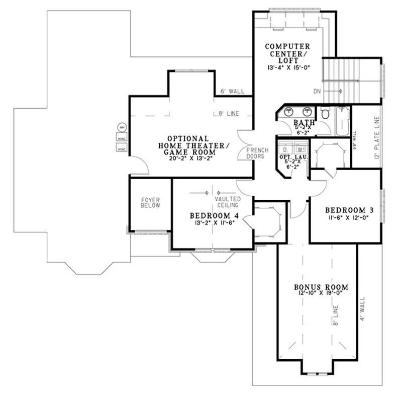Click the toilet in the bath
(x=325, y=114)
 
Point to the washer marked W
(x=299, y=149)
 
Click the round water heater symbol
(x=121, y=127)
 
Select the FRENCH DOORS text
(x=257, y=153)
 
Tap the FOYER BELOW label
(x=150, y=202)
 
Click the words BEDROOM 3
(x=345, y=210)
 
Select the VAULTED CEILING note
(x=226, y=202)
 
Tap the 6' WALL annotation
(x=232, y=92)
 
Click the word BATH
(x=305, y=122)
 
